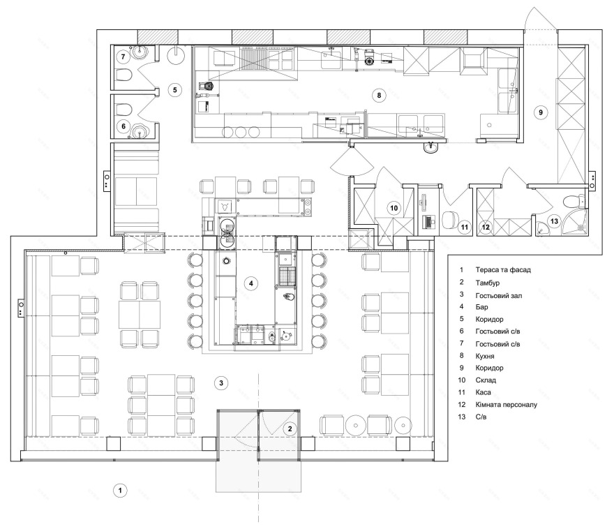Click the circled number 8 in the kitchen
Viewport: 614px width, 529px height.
coord(379,95)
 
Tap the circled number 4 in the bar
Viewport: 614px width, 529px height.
coord(251,283)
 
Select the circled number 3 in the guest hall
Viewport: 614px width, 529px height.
coord(221,383)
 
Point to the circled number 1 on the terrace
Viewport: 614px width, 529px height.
coord(120,490)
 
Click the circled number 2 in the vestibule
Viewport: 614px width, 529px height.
coord(290,429)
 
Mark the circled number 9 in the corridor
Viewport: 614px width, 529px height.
coord(541,112)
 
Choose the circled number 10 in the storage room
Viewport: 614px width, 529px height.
coord(394,208)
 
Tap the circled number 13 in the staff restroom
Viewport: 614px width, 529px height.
coord(554,221)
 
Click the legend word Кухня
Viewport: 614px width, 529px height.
coord(485,357)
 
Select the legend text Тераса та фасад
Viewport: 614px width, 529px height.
coord(503,270)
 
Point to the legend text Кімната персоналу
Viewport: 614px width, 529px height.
coord(507,405)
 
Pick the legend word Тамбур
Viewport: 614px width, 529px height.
coord(488,283)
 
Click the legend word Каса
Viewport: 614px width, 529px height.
coord(484,392)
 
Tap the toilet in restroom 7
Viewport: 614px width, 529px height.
coord(123,75)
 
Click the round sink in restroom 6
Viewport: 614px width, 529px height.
coord(140,131)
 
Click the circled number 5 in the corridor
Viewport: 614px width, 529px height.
coord(175,90)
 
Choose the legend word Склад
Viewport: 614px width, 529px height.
coord(486,380)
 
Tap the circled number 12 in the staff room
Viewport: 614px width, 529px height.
coord(486,227)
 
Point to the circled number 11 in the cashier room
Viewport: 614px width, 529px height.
coord(465,227)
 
